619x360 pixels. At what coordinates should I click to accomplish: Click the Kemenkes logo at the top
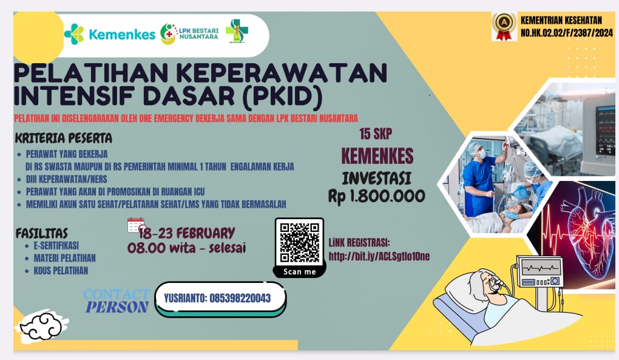coord(110,34)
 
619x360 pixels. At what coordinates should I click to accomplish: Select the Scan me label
coord(299,271)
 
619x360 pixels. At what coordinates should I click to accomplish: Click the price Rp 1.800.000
coord(376,196)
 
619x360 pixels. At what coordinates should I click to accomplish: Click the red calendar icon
coord(136,225)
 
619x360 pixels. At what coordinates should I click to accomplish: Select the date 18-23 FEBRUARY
coord(186,233)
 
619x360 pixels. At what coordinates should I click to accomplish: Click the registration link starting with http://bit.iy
coord(379,256)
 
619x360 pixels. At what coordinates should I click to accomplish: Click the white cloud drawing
coord(41,327)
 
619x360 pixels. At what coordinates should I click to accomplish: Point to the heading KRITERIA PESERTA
coord(64,138)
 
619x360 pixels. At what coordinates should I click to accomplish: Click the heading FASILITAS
coord(41,233)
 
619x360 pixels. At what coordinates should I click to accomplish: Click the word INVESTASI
coord(376,178)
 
